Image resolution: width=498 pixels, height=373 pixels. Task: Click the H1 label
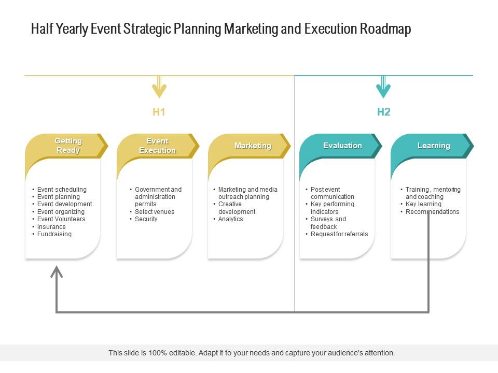point(159,112)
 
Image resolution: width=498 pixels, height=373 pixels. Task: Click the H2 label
point(383,112)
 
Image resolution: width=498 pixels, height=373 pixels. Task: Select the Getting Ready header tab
point(68,146)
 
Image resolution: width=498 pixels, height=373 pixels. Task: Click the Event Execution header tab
point(157,146)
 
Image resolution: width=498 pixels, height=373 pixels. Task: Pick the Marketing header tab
point(252,146)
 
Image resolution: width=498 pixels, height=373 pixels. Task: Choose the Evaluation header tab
point(342,146)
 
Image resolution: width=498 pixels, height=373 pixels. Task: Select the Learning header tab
point(434,146)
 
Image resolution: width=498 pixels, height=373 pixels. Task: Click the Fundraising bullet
point(54,234)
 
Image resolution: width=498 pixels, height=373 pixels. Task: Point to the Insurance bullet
point(51,227)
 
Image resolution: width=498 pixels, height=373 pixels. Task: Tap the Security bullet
point(146,219)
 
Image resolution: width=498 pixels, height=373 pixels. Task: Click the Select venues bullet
point(155,212)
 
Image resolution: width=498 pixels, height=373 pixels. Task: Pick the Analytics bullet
point(230,219)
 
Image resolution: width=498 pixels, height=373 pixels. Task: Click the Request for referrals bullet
point(339,234)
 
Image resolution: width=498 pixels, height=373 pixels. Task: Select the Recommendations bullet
point(432,212)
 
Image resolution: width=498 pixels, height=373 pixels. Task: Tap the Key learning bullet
point(423,204)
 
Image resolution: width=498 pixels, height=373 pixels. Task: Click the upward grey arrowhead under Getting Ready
point(57,271)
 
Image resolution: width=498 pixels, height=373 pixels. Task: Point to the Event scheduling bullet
point(62,190)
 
